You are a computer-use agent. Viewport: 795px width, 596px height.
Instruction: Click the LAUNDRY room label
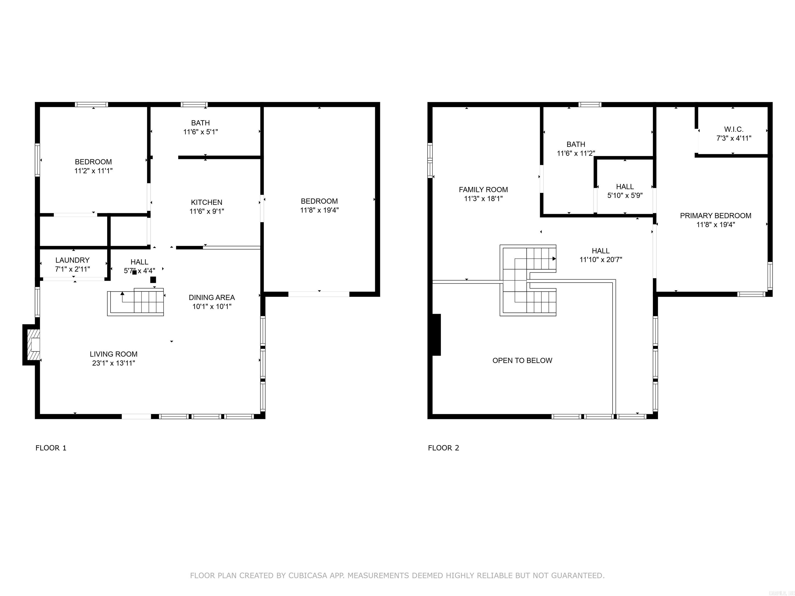[x=72, y=260]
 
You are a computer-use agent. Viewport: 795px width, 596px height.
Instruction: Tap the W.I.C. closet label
[x=734, y=129]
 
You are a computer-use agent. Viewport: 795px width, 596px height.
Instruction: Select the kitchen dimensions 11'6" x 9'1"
[x=207, y=211]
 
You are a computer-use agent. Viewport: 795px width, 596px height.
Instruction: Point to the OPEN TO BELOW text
[x=522, y=360]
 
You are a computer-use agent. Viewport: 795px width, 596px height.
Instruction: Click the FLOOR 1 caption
[x=51, y=448]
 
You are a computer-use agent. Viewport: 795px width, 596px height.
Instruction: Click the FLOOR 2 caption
[x=443, y=448]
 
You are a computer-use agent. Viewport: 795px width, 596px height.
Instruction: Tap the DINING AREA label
[x=212, y=297]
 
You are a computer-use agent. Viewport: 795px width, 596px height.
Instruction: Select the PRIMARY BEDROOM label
[x=715, y=215]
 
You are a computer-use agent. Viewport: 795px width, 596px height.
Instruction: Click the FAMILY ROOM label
[x=483, y=189]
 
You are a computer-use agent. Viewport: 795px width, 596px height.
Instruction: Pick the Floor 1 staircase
[x=136, y=302]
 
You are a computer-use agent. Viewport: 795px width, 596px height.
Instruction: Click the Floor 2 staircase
[x=528, y=280]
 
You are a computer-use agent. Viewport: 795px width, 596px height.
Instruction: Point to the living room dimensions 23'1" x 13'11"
[x=114, y=363]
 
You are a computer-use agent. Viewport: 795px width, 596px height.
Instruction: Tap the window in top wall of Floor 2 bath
[x=590, y=105]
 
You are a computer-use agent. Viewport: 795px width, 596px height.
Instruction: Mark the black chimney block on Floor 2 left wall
[x=436, y=334]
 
